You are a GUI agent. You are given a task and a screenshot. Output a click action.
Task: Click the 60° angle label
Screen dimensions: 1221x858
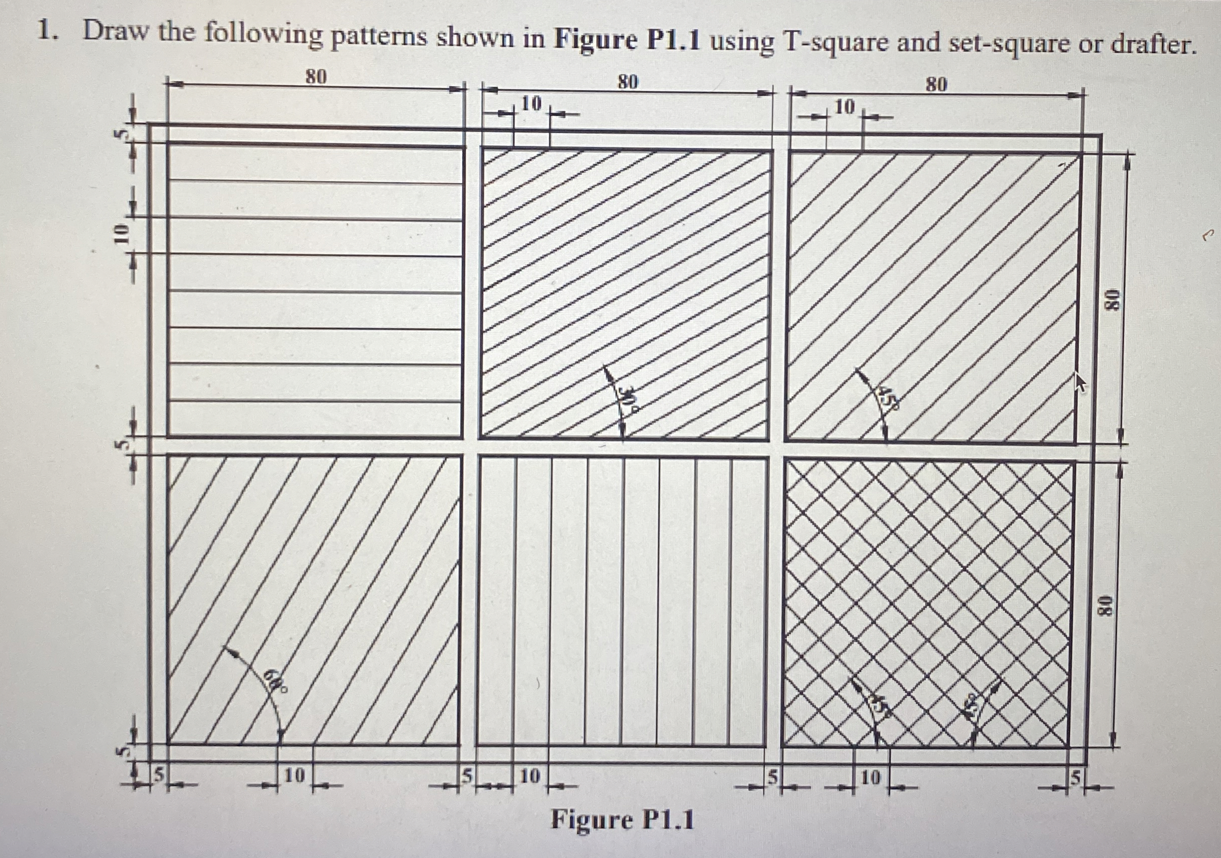pos(278,683)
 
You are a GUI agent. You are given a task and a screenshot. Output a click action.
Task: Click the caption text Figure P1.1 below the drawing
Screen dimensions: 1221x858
pos(622,820)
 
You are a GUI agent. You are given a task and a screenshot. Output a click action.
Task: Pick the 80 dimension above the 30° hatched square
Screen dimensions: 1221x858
pos(628,82)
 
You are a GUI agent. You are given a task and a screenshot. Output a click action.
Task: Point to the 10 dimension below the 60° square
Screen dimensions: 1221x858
pos(295,776)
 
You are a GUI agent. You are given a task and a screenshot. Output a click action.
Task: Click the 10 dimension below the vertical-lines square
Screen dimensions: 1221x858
pos(530,776)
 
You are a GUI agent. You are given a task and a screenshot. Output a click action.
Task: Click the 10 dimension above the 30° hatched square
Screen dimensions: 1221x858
pos(531,103)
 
